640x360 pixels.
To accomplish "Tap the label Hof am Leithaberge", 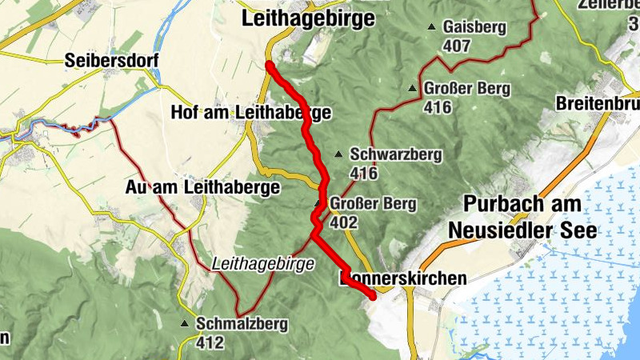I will [x=250, y=114].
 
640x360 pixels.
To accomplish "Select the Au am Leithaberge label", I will [x=203, y=187].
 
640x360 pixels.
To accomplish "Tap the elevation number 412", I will [x=210, y=342].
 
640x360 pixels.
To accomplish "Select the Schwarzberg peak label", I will [x=396, y=155].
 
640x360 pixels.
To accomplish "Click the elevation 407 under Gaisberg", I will [x=456, y=46].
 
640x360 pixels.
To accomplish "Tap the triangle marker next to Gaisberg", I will [x=432, y=27].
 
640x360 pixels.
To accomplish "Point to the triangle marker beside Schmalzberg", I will [x=185, y=325].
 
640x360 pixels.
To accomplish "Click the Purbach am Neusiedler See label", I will [x=522, y=217].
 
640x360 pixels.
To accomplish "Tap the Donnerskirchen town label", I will [x=402, y=278].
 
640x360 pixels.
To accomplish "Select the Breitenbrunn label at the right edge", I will [x=598, y=104].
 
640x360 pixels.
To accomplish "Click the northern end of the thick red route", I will [x=270, y=65].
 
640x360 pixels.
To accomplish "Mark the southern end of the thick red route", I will [x=373, y=297].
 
